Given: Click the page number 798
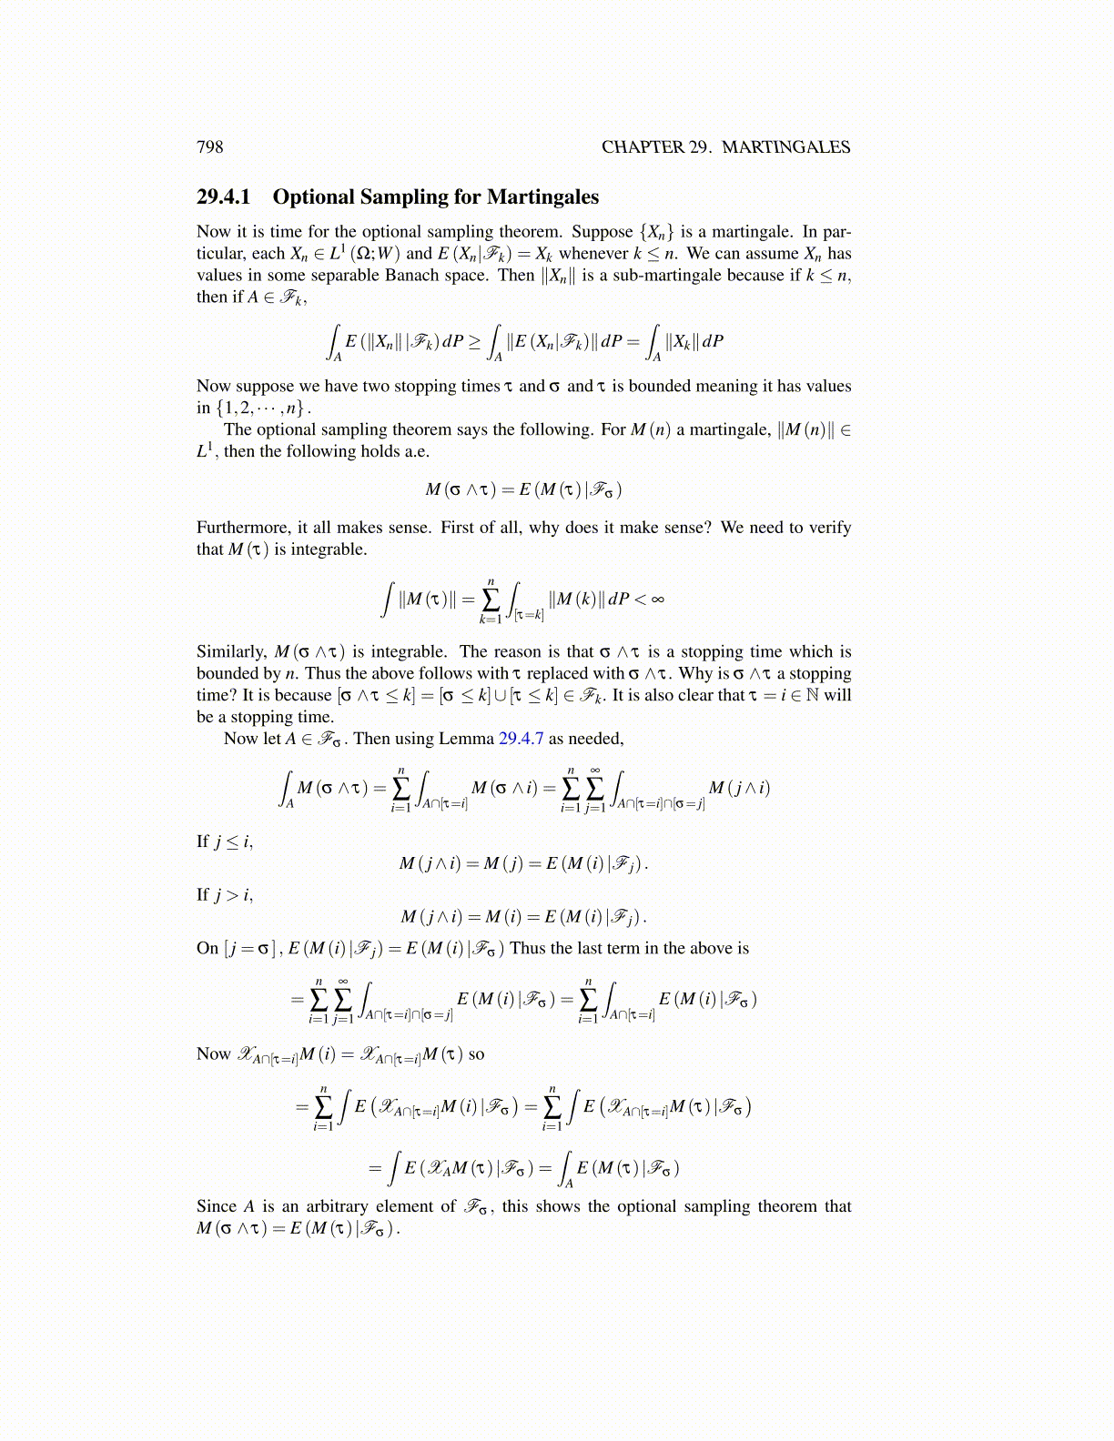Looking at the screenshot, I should (209, 147).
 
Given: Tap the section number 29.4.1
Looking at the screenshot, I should (223, 197).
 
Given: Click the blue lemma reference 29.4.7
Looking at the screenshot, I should (521, 739).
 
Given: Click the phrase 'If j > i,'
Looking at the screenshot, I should (225, 895).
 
